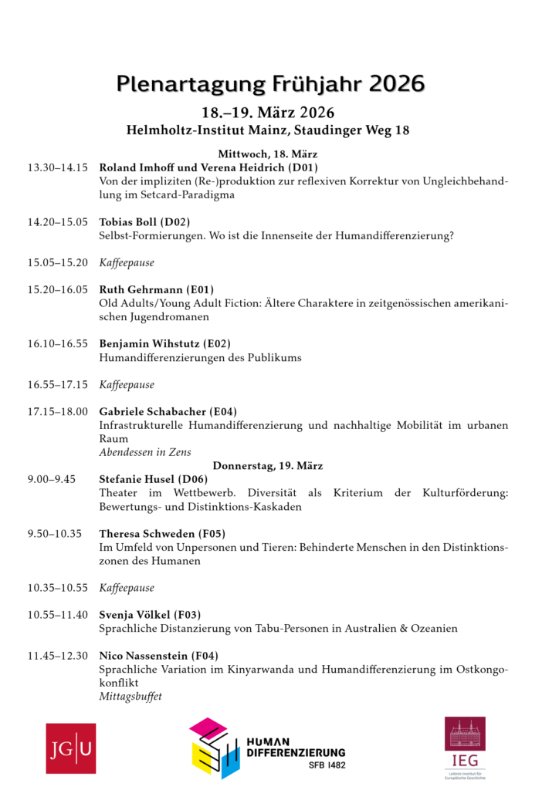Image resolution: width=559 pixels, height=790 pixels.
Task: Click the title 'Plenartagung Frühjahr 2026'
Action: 270,83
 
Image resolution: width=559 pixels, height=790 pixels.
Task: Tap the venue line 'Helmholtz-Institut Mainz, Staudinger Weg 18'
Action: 268,130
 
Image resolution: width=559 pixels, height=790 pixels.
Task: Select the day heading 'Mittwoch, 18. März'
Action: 268,154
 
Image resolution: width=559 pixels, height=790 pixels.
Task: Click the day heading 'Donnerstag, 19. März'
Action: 268,466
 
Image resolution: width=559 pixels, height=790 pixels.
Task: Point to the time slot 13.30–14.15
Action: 58,167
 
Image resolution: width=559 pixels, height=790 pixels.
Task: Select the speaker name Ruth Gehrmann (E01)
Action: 156,290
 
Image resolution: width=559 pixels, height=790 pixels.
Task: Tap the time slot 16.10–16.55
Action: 58,343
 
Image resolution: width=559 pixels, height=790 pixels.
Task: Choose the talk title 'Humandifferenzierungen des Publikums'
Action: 200,357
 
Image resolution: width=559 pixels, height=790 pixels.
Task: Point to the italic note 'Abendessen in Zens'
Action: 145,452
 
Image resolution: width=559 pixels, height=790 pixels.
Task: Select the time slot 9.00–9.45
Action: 52,479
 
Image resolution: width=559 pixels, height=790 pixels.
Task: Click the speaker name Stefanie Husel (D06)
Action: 150,479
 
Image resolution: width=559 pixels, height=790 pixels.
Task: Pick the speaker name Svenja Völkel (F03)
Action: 150,615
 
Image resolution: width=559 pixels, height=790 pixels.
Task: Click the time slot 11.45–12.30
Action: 58,656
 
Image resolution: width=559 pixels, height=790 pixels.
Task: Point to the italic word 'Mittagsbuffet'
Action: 130,697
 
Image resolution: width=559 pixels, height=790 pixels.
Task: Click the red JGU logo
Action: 70,748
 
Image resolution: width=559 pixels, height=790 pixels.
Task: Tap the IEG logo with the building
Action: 465,749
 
